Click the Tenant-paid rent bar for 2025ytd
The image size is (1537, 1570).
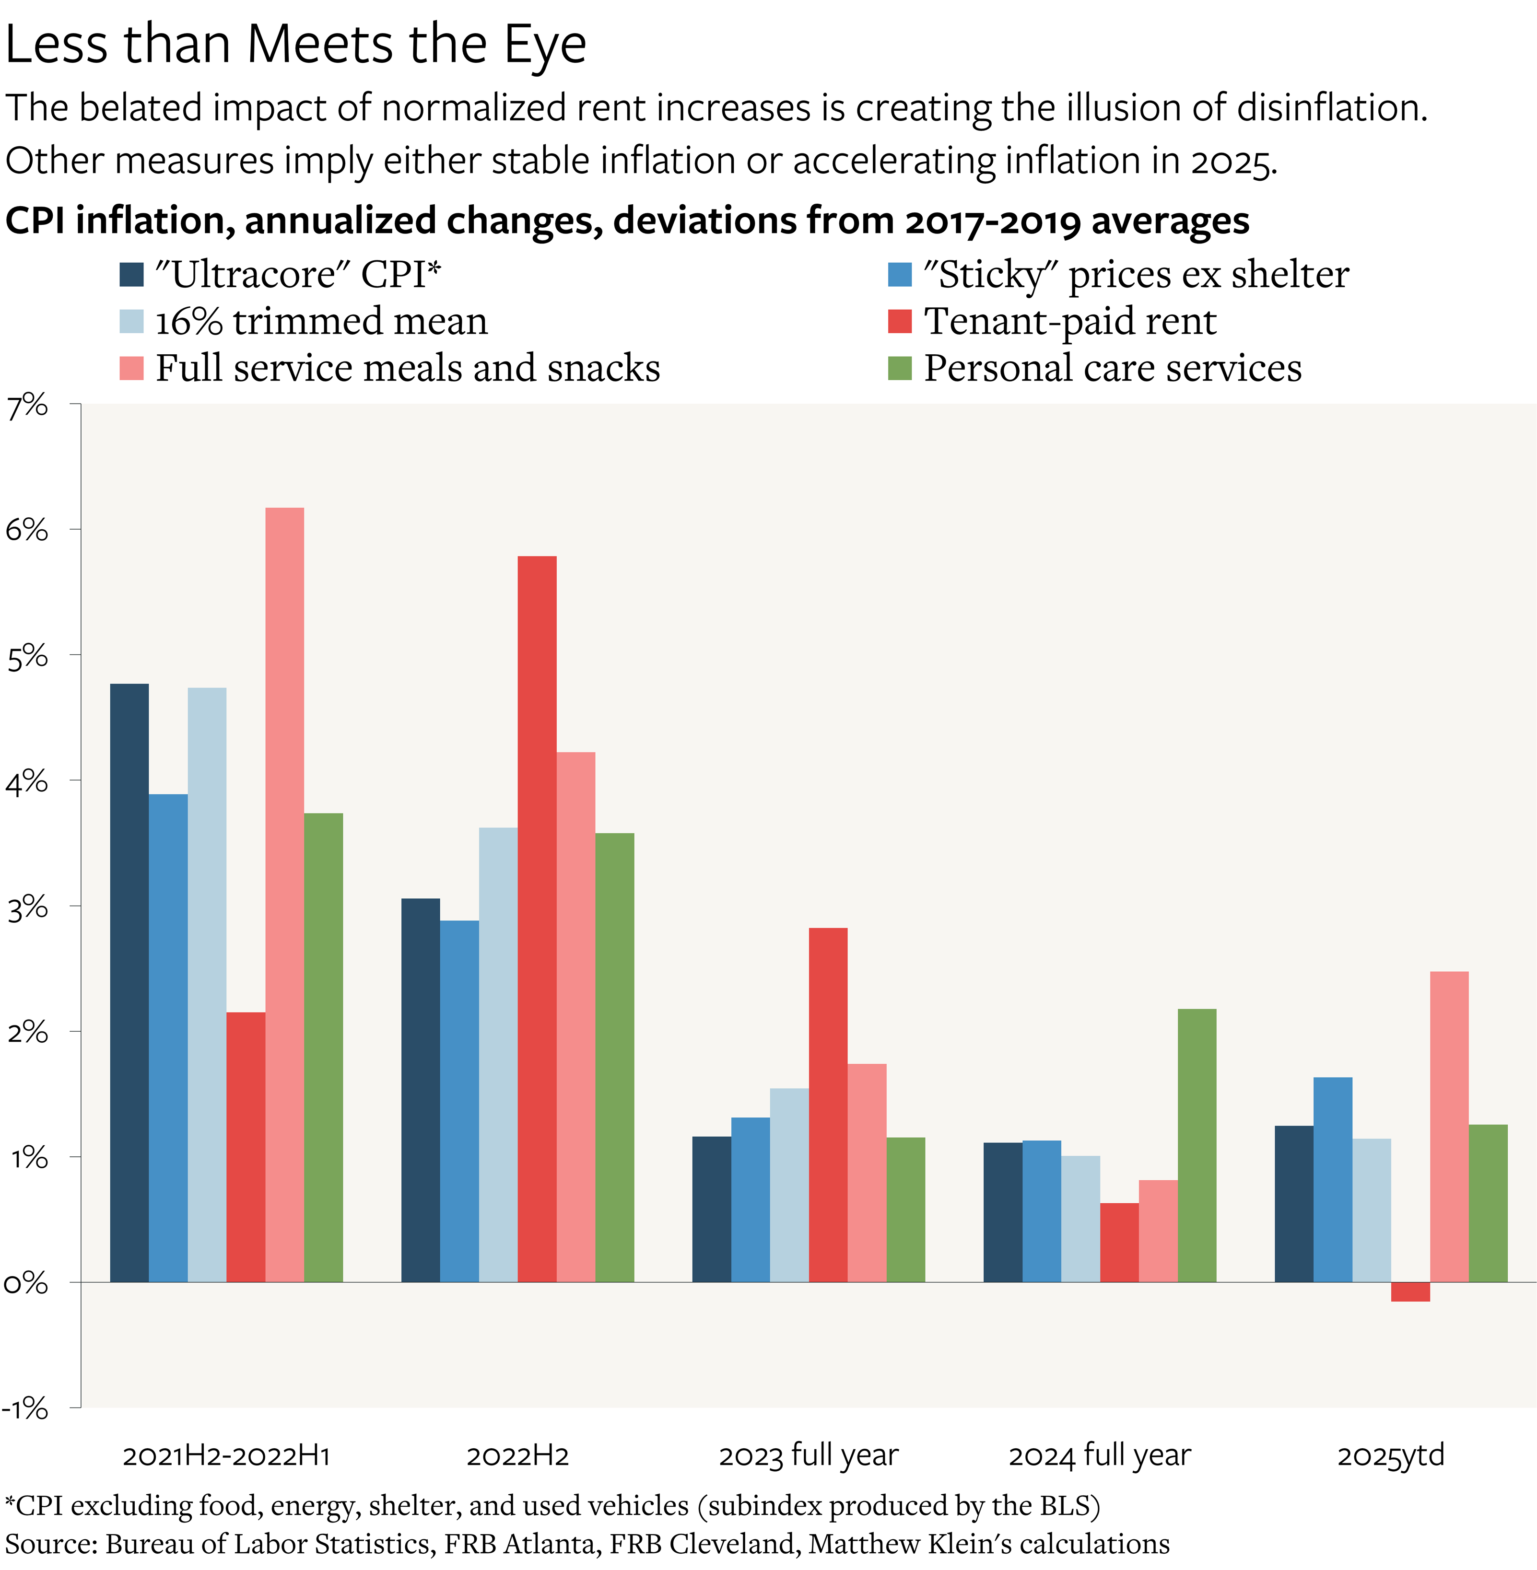pyautogui.click(x=1410, y=1291)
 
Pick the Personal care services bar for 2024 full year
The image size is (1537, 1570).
pyautogui.click(x=1197, y=1146)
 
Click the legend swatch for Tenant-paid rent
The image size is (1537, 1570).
pyautogui.click(x=899, y=321)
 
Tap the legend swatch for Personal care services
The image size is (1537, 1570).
pyautogui.click(x=899, y=368)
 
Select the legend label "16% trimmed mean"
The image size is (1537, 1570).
pyautogui.click(x=321, y=321)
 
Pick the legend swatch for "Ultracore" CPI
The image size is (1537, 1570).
pyautogui.click(x=131, y=274)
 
